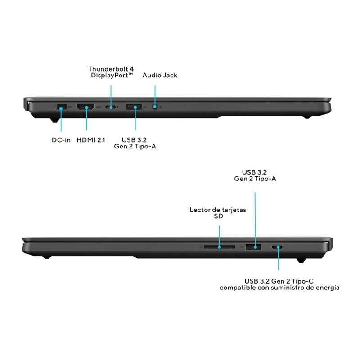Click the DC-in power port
click(62, 107)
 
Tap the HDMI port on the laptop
click(85, 107)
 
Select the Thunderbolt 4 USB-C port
click(110, 107)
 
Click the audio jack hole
click(155, 107)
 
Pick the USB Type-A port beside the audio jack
click(134, 107)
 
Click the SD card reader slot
click(220, 247)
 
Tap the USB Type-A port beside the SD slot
click(253, 247)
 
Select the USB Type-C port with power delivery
click(277, 247)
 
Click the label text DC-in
click(61, 140)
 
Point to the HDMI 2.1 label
click(91, 140)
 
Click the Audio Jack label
click(160, 75)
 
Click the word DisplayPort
click(110, 75)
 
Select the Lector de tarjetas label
click(218, 210)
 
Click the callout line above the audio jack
click(155, 96)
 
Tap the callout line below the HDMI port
click(86, 119)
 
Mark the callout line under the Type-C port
click(278, 259)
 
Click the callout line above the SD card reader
click(219, 237)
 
